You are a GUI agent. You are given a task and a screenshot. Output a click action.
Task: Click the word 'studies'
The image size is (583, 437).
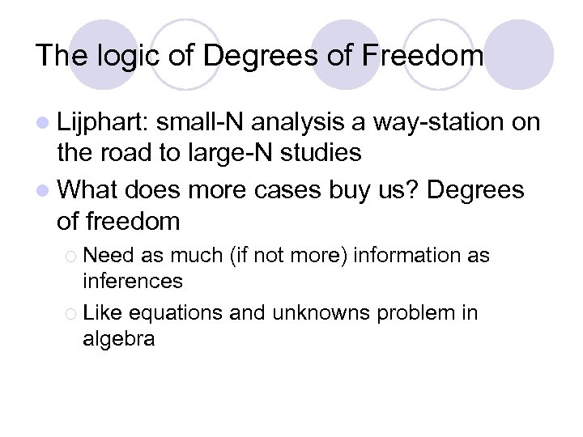(318, 151)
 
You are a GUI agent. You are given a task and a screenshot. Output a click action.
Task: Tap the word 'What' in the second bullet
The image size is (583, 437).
(88, 190)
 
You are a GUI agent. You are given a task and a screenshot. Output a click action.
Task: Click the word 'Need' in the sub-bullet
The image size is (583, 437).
(109, 256)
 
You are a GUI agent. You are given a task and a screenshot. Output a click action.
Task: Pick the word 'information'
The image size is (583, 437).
(393, 256)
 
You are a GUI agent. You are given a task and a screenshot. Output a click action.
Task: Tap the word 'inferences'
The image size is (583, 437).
(133, 281)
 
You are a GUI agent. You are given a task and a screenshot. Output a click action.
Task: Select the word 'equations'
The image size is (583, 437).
(176, 312)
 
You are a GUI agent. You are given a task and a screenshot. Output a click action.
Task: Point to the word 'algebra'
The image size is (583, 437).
(118, 338)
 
